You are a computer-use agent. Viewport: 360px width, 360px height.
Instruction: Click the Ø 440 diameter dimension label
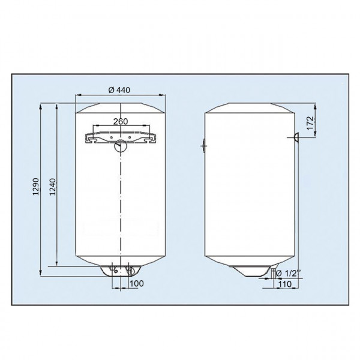[x=120, y=90]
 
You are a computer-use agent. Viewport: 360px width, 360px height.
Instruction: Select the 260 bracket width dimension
[x=120, y=122]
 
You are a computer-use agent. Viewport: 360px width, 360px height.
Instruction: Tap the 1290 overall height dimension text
[x=36, y=188]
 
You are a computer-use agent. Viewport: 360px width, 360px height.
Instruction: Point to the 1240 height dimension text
[x=52, y=188]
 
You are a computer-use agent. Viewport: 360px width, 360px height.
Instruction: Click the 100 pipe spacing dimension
[x=137, y=283]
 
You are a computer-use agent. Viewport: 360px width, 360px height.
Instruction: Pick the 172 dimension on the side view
[x=310, y=122]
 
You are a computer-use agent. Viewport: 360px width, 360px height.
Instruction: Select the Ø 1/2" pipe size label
[x=287, y=274]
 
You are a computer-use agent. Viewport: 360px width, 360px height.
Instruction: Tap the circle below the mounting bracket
[x=121, y=145]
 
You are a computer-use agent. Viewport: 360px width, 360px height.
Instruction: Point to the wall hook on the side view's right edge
[x=296, y=137]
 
